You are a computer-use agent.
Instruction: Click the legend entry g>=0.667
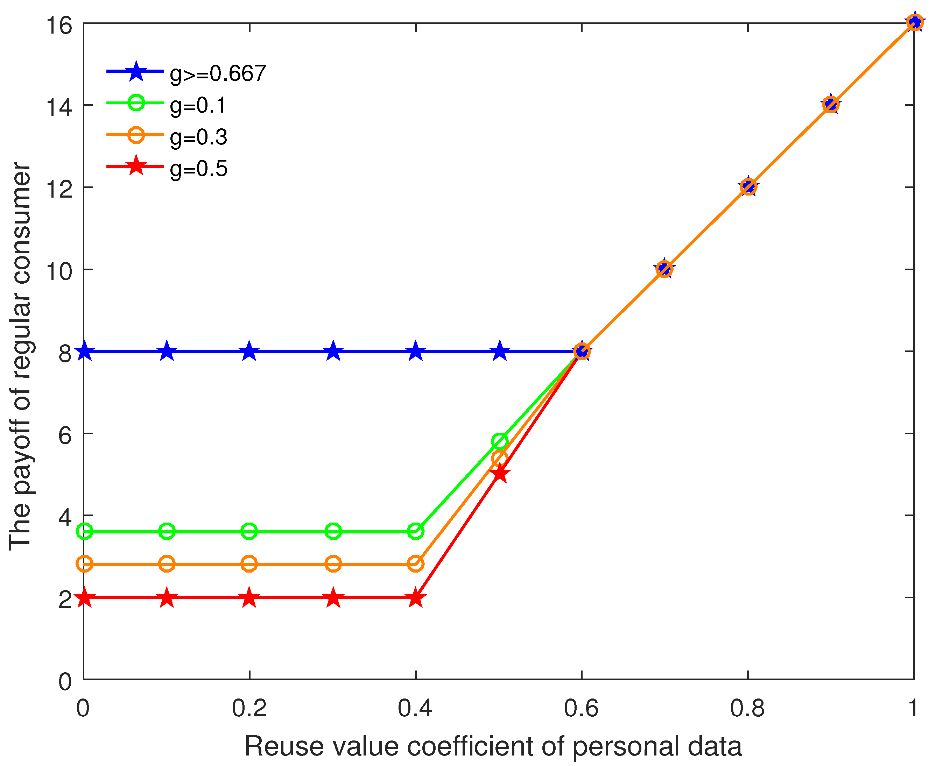click(218, 73)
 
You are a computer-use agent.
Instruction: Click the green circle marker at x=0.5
click(499, 441)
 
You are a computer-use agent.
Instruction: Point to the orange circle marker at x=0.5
click(499, 459)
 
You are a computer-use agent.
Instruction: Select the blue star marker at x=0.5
click(499, 352)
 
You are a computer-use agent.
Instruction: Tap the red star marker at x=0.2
click(249, 598)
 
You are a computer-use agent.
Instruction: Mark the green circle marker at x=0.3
click(333, 531)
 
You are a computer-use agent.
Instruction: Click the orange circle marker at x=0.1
click(166, 564)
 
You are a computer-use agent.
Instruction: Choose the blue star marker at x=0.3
click(333, 352)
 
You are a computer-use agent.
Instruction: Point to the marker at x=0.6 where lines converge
click(582, 352)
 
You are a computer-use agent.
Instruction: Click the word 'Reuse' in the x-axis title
click(281, 746)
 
